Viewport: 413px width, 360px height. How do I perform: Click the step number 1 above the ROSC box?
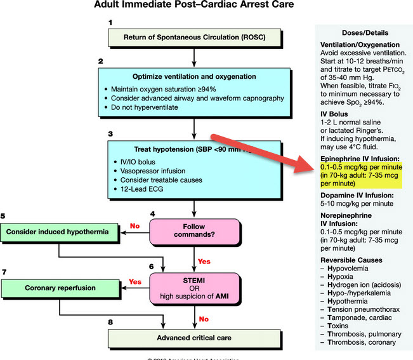click(x=110, y=23)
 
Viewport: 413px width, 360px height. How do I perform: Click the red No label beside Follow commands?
click(x=134, y=225)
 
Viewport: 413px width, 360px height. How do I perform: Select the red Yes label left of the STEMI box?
click(x=135, y=281)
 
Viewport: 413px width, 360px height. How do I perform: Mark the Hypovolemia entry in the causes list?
click(x=351, y=270)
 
